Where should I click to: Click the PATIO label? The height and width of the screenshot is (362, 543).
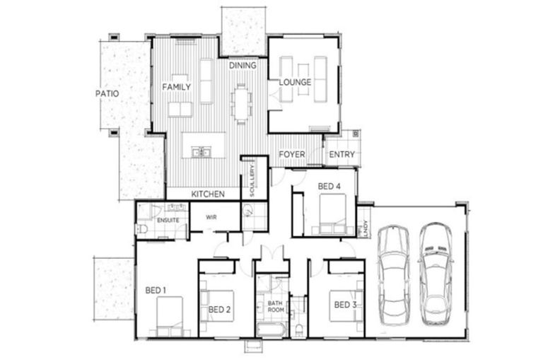coord(107,93)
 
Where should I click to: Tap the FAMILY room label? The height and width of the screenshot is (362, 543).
coord(177,87)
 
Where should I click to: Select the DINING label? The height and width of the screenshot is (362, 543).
coord(243,66)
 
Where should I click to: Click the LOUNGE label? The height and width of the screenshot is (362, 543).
coord(295,83)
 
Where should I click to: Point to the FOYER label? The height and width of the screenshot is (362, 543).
coord(291,155)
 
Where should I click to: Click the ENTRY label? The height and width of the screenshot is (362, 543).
coord(342,155)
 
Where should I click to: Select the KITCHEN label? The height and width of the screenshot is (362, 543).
coord(208,194)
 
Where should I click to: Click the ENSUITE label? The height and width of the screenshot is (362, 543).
coord(168,221)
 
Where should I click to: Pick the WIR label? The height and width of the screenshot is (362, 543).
coord(211,217)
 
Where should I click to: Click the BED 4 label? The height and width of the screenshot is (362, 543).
coord(329,187)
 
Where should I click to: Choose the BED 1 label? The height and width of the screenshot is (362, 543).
coord(156,290)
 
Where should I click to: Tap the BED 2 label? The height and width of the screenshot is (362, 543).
coord(220,310)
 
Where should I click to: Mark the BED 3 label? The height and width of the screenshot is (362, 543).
coord(344,305)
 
